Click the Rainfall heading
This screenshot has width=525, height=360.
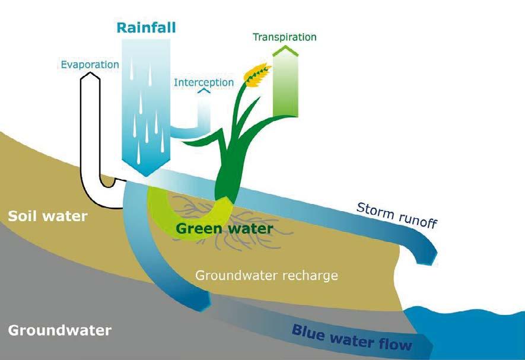click(x=147, y=28)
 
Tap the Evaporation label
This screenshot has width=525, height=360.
click(x=90, y=64)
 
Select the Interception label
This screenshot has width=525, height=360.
click(x=203, y=82)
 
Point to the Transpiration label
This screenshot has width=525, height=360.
click(x=285, y=37)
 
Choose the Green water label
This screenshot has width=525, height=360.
click(x=225, y=228)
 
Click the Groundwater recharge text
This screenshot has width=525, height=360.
click(x=266, y=275)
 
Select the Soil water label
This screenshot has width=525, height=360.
click(x=47, y=216)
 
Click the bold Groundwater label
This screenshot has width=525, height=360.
click(x=60, y=330)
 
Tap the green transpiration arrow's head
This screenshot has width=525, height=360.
click(x=285, y=52)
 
